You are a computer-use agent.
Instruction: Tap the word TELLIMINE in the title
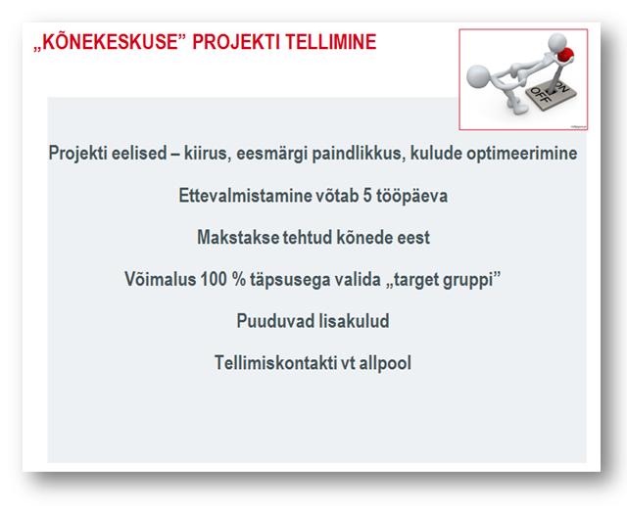pyautogui.click(x=331, y=41)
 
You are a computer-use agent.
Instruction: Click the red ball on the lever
pyautogui.click(x=565, y=55)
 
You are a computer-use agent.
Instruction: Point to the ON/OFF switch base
pyautogui.click(x=551, y=96)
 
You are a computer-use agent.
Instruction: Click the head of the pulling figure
pyautogui.click(x=478, y=75)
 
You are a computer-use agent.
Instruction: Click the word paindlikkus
pyautogui.click(x=359, y=154)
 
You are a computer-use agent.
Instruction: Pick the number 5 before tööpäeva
pyautogui.click(x=367, y=196)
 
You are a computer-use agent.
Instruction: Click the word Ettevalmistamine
pyautogui.click(x=244, y=196)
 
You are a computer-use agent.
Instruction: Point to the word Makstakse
pyautogui.click(x=238, y=237)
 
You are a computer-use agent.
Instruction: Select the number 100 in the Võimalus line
pyautogui.click(x=214, y=279)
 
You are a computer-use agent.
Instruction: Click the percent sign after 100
pyautogui.click(x=239, y=279)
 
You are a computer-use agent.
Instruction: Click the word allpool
pyautogui.click(x=385, y=363)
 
